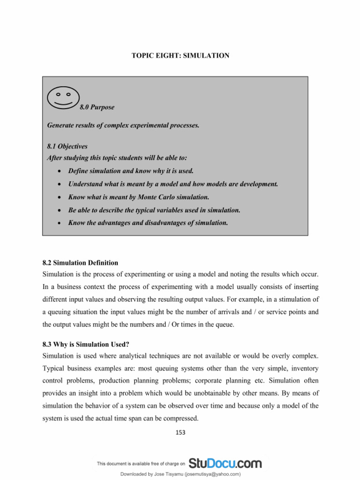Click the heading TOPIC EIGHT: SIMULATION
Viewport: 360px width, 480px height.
180,56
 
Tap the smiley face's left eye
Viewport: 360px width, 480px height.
58,94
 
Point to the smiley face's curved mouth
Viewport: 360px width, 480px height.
63,102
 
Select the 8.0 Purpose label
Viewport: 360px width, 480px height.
97,107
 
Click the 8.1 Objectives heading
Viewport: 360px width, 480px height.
67,146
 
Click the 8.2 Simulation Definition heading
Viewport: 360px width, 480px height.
80,262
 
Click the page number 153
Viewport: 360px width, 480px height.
180,433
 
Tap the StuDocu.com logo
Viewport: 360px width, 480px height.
225,463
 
